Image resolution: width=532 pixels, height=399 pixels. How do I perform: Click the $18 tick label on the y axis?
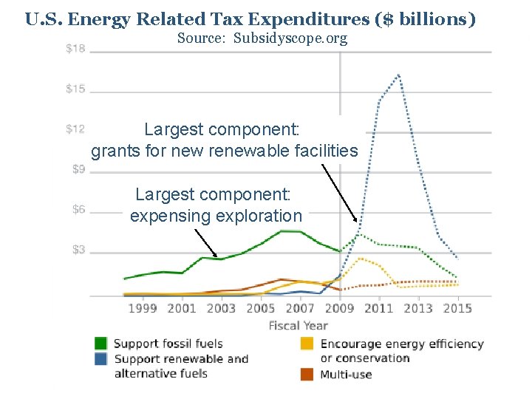(75, 49)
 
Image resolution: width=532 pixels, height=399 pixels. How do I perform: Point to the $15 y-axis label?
(75, 89)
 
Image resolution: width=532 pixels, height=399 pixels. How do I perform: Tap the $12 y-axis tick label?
(75, 129)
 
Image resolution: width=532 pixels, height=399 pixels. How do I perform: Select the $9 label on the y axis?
(78, 169)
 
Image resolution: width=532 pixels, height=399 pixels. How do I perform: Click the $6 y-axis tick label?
(78, 210)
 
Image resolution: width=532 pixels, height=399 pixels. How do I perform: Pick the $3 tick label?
(78, 250)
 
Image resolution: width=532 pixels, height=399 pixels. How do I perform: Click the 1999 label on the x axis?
(143, 308)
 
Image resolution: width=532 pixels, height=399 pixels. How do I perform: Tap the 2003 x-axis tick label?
(221, 308)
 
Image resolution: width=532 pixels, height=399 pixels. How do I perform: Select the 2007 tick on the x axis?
(300, 308)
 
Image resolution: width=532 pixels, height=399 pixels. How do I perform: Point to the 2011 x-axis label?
(379, 308)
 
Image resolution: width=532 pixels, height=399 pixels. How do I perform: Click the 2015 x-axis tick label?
(457, 308)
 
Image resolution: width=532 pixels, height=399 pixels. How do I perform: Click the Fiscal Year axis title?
(299, 325)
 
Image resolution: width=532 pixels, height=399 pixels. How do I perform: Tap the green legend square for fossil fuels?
(100, 343)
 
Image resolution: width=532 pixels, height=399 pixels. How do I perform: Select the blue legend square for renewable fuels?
(100, 359)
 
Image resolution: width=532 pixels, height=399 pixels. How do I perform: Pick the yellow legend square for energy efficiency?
(307, 343)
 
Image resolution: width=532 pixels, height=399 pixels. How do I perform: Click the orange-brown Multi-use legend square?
(307, 374)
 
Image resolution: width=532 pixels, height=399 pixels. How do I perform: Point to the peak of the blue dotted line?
(399, 75)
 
